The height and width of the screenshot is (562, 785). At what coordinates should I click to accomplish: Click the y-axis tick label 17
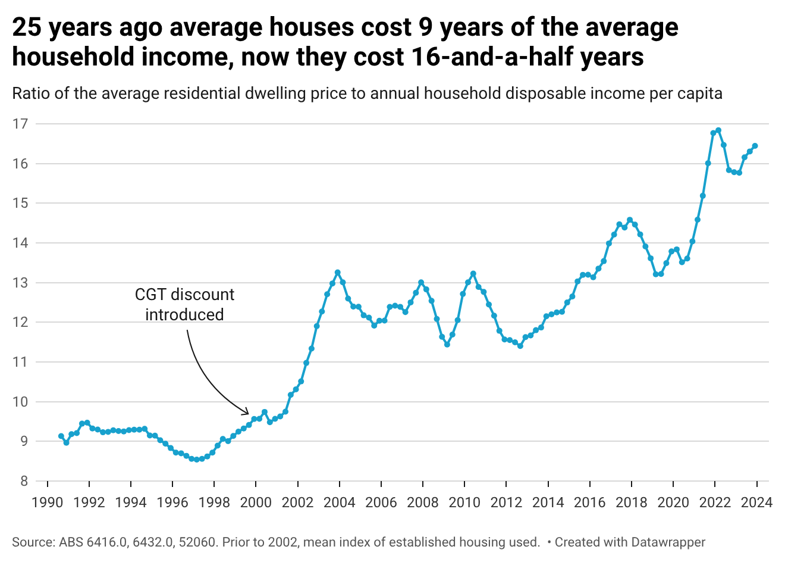tap(20, 124)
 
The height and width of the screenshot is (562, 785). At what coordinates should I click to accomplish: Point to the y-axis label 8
tap(24, 481)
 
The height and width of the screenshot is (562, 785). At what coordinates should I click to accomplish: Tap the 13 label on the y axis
tap(20, 283)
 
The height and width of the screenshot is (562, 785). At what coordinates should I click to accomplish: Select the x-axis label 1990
tap(48, 502)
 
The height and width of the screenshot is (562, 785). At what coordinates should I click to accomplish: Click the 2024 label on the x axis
tap(757, 502)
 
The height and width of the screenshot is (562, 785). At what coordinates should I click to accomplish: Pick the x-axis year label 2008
tap(423, 502)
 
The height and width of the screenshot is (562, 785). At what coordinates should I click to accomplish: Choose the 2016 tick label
tap(590, 502)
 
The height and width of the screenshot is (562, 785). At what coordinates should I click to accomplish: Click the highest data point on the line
tap(718, 130)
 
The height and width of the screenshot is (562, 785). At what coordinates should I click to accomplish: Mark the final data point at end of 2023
tap(755, 146)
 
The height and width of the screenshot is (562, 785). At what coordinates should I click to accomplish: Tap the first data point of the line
tap(61, 436)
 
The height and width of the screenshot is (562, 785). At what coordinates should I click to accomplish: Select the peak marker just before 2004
tap(337, 273)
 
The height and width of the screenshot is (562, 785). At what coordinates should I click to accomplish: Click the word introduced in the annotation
tap(184, 315)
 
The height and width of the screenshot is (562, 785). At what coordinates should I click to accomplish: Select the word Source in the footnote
tap(34, 542)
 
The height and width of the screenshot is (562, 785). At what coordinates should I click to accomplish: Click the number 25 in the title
tap(27, 27)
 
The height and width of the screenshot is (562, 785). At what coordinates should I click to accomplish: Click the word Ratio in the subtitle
tap(31, 93)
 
